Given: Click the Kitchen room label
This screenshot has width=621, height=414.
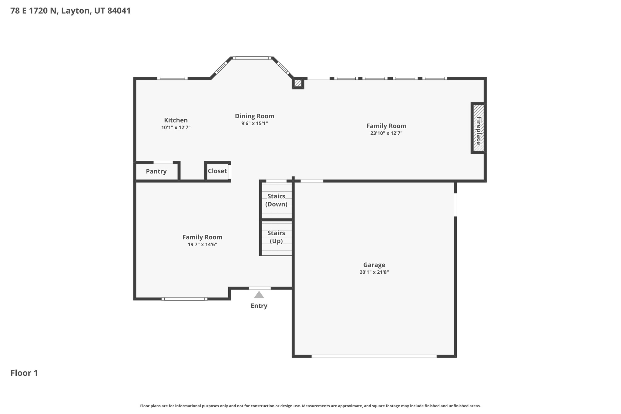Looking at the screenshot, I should click(176, 120).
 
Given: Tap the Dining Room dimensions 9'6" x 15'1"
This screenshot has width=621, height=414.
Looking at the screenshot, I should click(254, 123).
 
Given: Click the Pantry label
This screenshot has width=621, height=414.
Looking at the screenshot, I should click(156, 171).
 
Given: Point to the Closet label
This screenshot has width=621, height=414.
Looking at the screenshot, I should click(217, 171).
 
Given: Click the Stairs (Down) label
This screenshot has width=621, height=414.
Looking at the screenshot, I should click(276, 200).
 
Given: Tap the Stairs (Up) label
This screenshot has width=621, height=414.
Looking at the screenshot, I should click(276, 237).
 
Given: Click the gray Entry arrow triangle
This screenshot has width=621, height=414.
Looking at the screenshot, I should click(259, 295).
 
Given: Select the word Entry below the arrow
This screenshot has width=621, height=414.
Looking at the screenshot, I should click(259, 306).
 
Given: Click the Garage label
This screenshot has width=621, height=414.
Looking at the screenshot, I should click(374, 265).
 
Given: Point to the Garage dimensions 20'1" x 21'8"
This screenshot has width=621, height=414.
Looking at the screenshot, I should click(374, 272).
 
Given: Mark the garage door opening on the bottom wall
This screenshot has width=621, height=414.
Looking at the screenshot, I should click(374, 356).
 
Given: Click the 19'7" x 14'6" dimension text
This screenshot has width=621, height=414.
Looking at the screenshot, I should click(202, 244).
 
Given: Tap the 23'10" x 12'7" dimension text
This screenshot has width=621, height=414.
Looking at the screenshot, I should click(386, 133).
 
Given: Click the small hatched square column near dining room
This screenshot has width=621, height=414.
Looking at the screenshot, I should click(298, 83).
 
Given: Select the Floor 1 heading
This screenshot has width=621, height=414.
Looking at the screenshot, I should click(24, 373).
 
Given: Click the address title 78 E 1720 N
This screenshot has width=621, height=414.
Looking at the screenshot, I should click(70, 11).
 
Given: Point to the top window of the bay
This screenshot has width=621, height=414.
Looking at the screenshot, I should click(252, 58).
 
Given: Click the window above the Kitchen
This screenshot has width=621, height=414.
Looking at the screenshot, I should click(172, 78).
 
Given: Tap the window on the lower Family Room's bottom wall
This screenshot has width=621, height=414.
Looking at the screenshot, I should click(184, 299).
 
